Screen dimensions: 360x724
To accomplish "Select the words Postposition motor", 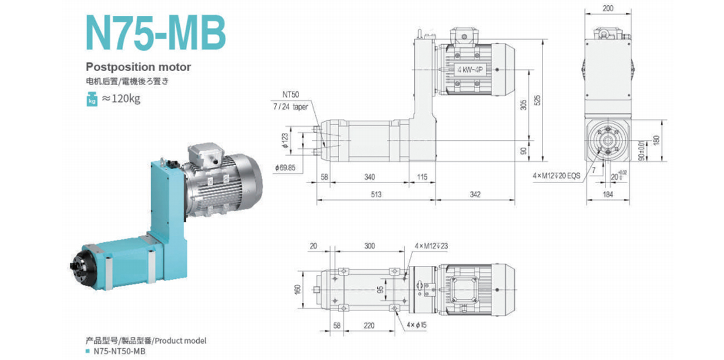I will pos(138,67).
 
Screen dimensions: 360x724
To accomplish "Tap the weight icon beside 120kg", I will pos(92,99).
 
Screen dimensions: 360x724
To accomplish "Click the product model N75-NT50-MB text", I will pos(119,351).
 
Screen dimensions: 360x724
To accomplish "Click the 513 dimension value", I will pos(376,194).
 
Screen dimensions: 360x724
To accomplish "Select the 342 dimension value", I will pos(475,194).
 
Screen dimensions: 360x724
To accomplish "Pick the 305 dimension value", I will pos(524,104).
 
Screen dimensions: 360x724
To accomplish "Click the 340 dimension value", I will pos(369,177).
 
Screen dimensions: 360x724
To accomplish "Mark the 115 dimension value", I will pos(422,177).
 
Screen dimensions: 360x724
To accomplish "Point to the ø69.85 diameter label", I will pos(286,167).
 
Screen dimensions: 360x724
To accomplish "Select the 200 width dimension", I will pos(608,9).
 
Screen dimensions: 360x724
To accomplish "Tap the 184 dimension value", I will pos(608,194).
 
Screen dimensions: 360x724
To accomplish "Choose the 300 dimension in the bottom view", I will pos(369,246).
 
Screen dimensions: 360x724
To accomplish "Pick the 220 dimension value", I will pos(369,326).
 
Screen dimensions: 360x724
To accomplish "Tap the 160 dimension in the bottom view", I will pos(298,289).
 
